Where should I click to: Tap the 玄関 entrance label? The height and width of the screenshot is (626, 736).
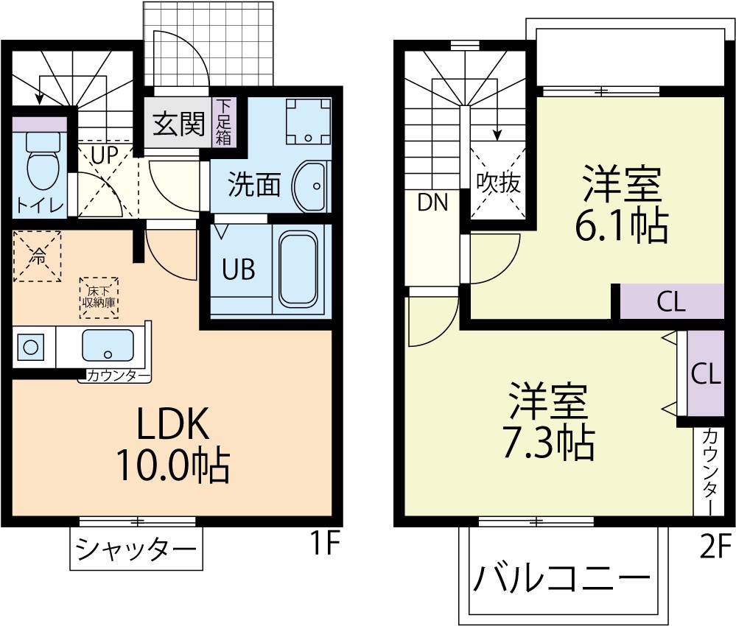pos(178,124)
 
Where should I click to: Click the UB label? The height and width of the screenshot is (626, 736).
pos(239,270)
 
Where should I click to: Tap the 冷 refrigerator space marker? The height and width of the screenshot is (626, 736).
pos(37,256)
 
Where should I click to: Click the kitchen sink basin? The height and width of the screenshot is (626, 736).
pos(108,345)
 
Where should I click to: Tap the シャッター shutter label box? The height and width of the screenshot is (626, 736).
pos(136,549)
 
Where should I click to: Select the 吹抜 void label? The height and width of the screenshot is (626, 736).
pos(498,183)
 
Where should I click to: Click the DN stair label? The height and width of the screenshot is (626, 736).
pos(433,203)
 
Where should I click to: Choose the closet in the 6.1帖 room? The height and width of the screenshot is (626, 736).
pos(671,302)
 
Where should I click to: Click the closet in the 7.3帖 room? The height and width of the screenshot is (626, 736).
pos(705,373)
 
